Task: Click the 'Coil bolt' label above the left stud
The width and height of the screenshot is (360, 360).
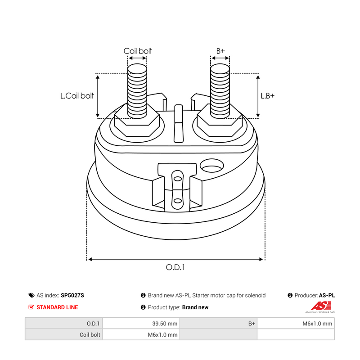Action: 138,51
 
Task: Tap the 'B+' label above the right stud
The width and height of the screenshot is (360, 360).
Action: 220,50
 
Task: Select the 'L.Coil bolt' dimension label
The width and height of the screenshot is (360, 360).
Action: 77,95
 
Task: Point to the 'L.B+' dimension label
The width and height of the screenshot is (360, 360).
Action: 267,95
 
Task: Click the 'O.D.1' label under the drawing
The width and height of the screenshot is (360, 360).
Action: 175,267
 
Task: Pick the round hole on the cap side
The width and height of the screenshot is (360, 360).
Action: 211,166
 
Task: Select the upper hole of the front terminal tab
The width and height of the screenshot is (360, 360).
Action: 177,179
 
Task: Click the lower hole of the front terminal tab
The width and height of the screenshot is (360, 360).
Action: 177,201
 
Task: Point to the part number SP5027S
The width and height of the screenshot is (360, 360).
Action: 72,295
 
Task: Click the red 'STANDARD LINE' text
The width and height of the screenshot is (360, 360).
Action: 57,307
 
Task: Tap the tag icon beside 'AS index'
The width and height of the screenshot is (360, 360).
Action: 31,295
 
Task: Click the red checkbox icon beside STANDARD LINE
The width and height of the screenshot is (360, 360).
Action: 31,307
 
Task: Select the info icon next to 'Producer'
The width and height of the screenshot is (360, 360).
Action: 290,295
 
